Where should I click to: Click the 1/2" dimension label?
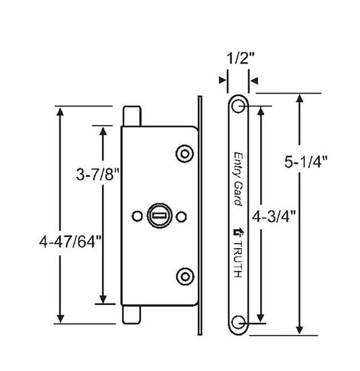pos(240,58)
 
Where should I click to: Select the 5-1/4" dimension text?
pos(305,162)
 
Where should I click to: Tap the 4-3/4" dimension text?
pos(274,216)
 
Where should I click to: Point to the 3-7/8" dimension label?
pos(98,174)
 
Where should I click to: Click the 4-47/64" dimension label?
pos(70,242)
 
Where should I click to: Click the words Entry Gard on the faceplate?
pos(238,179)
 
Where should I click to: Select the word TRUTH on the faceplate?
pos(238,259)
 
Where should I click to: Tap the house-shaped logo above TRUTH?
pos(238,232)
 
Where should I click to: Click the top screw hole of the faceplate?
pos(238,106)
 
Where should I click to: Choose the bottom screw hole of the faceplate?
pos(238,323)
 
